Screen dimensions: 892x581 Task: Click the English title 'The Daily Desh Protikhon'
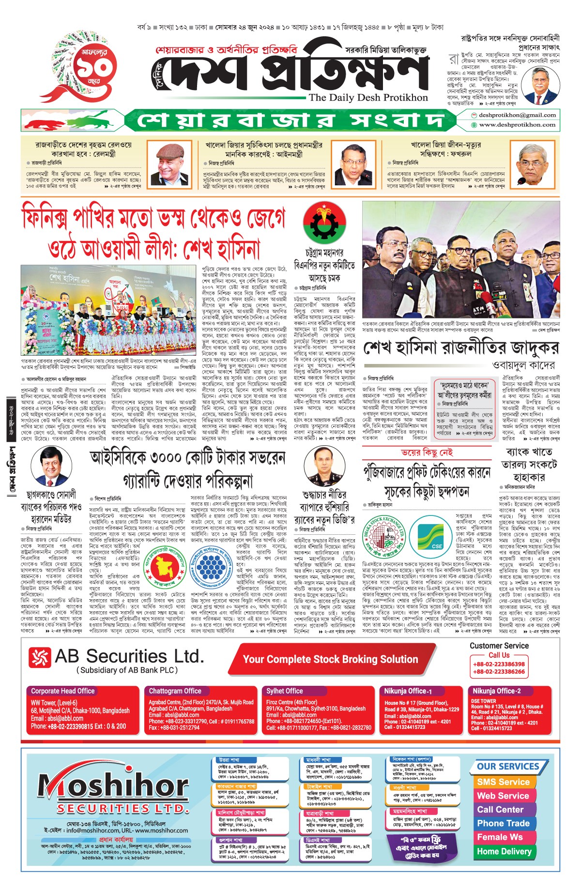[x=368, y=97]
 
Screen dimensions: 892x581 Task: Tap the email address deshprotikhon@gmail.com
[x=517, y=115]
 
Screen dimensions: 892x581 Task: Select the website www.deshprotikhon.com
[x=517, y=125]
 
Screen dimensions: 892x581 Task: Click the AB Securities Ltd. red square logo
[x=40, y=657]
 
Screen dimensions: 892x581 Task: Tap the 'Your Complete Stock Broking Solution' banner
[x=330, y=659]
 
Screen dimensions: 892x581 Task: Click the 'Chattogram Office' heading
[x=175, y=691]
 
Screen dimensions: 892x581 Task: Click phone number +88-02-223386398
[x=499, y=664]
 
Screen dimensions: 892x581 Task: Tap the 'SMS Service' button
[x=503, y=782]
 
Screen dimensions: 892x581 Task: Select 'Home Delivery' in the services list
[x=504, y=851]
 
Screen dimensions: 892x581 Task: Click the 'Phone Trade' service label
[x=503, y=823]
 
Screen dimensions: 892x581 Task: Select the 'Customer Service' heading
[x=499, y=646]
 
